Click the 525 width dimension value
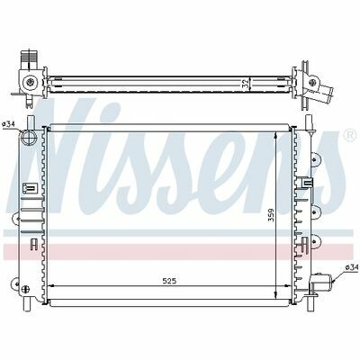click(169, 281)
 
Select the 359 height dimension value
click(271, 215)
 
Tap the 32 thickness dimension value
click(246, 85)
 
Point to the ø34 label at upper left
click(8, 124)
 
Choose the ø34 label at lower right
click(352, 267)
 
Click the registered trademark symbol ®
click(349, 136)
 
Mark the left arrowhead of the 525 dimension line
click(51, 286)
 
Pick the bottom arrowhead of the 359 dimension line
click(276, 293)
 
